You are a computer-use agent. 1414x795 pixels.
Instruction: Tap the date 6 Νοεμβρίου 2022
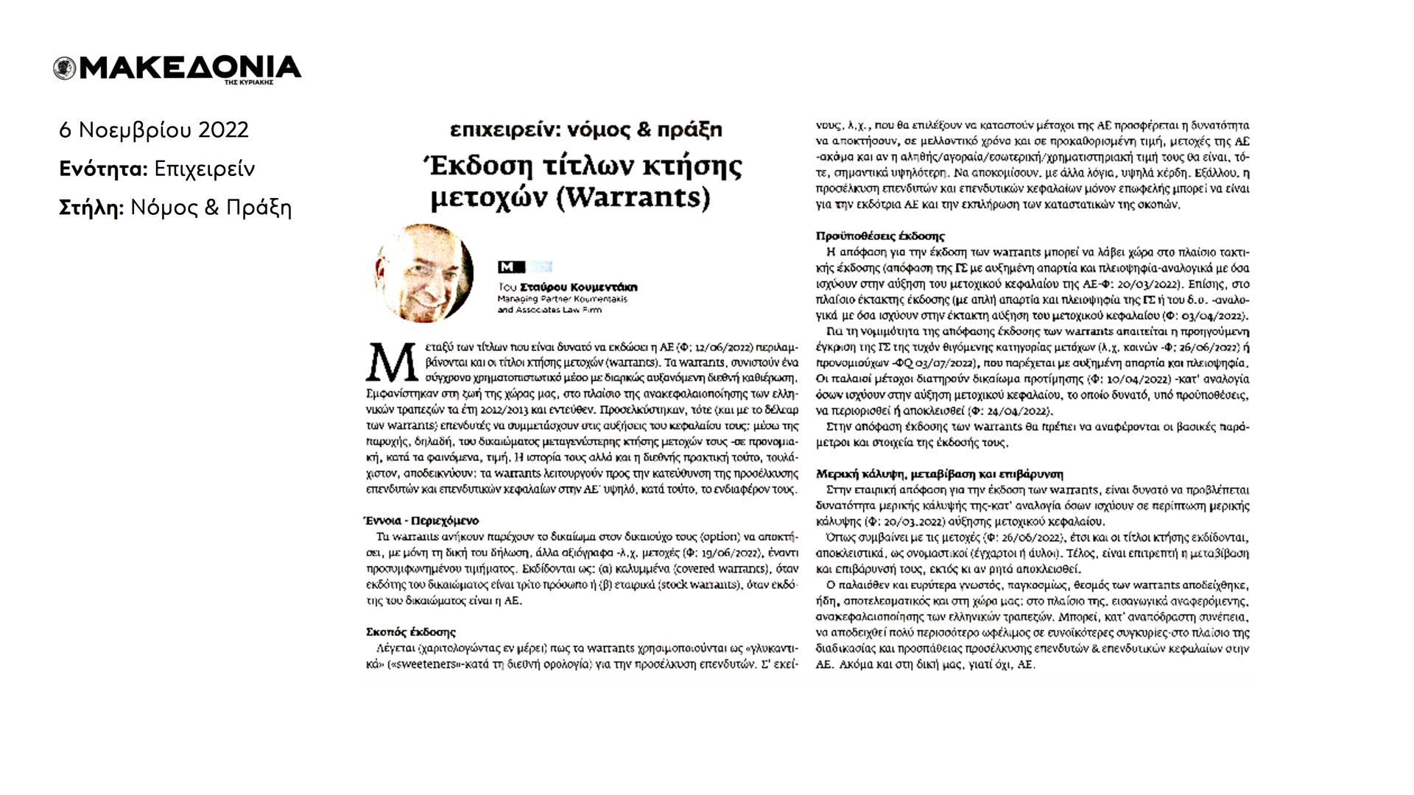[154, 130]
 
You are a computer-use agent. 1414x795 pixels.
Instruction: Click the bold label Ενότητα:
[104, 169]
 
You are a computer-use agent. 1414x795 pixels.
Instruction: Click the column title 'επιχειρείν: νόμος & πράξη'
[586, 130]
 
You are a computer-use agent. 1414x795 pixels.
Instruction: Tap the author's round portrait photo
[424, 273]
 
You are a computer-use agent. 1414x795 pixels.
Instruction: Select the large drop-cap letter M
[387, 360]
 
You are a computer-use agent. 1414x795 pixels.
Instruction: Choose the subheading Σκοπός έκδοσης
[411, 632]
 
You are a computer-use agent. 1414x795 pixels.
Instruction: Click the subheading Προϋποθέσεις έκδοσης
[881, 236]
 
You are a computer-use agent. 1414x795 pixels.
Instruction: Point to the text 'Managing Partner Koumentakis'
[562, 300]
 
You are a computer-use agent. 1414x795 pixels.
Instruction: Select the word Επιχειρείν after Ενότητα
[205, 169]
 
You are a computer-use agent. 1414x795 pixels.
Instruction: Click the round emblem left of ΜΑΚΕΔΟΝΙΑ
[65, 68]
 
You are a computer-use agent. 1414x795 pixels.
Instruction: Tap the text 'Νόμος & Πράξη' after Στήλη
[211, 208]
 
